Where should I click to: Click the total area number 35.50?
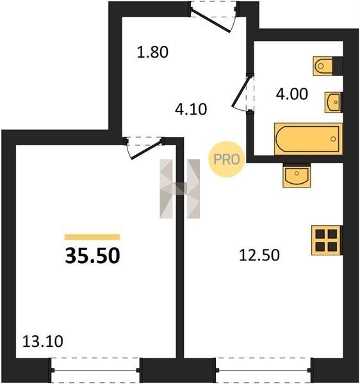tap(92, 255)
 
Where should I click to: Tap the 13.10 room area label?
tap(43, 341)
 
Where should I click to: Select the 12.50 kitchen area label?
tap(259, 255)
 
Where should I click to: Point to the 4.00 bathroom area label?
tap(292, 94)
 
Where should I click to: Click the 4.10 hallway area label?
tap(191, 109)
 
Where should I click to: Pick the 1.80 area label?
tap(152, 52)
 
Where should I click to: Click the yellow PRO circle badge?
tap(227, 159)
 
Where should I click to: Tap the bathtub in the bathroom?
tap(308, 139)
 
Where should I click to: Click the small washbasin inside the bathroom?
tap(333, 102)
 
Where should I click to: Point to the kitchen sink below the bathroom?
tap(297, 177)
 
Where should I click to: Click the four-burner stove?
tap(327, 240)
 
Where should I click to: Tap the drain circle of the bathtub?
tap(333, 139)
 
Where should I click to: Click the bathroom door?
tap(243, 93)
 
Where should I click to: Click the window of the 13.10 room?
tap(95, 371)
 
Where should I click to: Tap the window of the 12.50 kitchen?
tap(264, 371)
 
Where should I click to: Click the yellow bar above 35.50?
tap(92, 237)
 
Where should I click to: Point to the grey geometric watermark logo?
tap(179, 189)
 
